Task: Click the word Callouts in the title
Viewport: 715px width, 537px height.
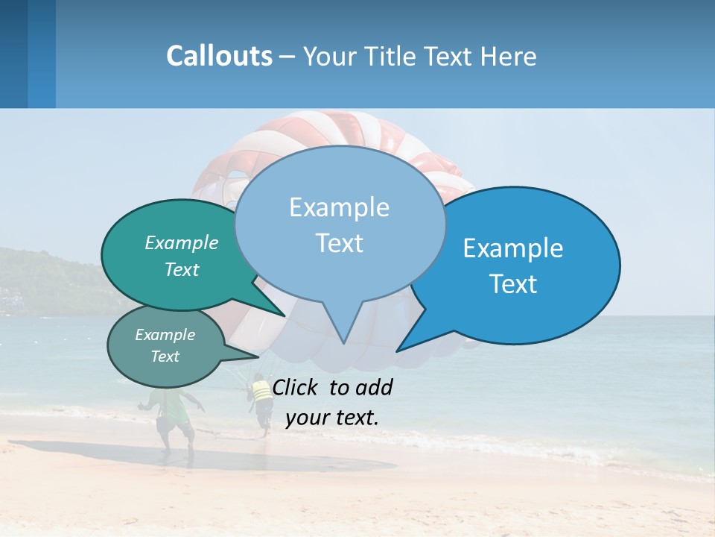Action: [219, 56]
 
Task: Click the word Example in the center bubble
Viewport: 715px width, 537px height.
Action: [339, 207]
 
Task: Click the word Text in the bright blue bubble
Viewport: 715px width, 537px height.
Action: [514, 284]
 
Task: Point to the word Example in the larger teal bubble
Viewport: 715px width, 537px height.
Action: [182, 242]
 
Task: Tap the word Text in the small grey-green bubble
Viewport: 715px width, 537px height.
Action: [165, 357]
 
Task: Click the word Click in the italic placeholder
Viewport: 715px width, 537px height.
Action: [296, 387]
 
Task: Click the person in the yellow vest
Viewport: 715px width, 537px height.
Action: [261, 399]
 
